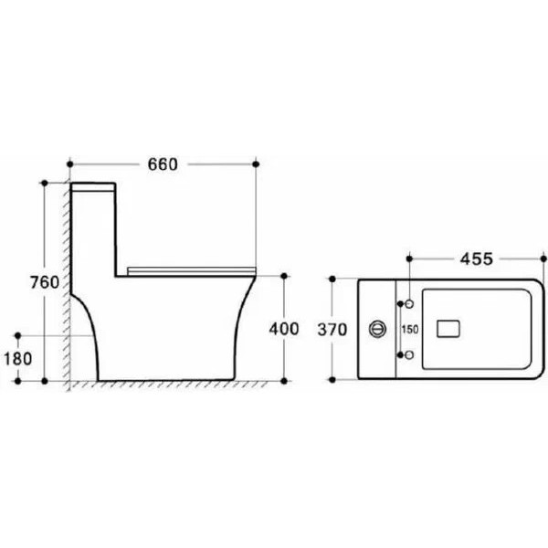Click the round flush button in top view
[375, 328]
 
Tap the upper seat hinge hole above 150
[408, 302]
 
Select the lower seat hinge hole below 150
[408, 354]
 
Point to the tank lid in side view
[91, 185]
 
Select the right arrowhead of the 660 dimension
[252, 164]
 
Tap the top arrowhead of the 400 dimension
[285, 277]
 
